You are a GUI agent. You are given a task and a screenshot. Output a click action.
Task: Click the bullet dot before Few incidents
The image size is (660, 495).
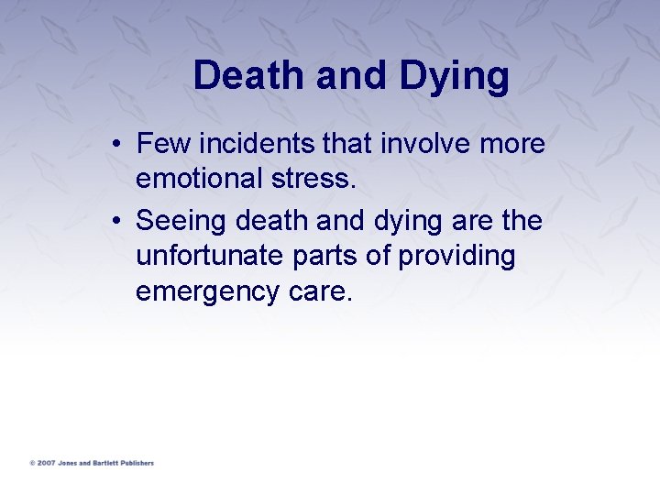pyautogui.click(x=120, y=146)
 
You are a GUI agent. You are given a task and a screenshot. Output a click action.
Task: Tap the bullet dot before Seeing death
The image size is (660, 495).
pyautogui.click(x=120, y=223)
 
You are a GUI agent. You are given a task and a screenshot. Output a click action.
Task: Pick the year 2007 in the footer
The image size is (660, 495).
pyautogui.click(x=46, y=463)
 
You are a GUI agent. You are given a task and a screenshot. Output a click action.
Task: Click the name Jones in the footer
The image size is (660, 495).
pyautogui.click(x=67, y=463)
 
